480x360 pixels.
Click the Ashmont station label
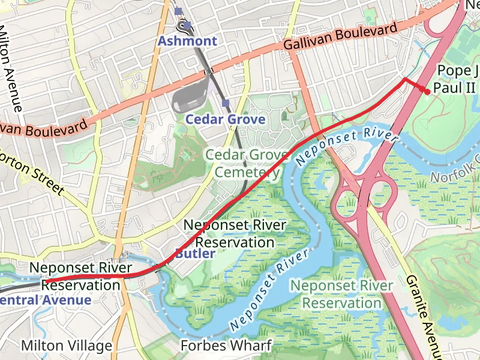(187, 41)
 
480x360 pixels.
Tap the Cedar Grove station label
(225, 119)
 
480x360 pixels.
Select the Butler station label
(195, 254)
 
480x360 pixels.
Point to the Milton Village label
(67, 346)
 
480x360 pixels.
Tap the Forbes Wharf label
(227, 346)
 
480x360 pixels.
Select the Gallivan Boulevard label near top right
(340, 37)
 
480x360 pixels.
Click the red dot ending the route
(426, 92)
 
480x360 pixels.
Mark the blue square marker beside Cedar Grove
(226, 103)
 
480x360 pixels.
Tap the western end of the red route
(46, 281)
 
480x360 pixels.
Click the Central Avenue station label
(46, 300)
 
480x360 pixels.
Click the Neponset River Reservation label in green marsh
(341, 295)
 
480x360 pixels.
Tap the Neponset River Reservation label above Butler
(235, 234)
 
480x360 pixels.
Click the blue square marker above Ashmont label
(178, 11)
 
